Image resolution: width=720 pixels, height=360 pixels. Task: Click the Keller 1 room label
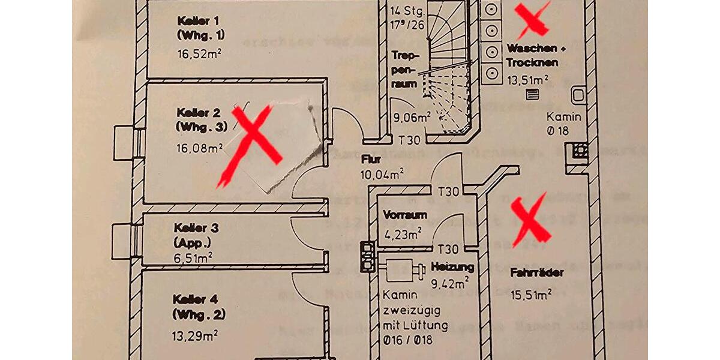click(x=194, y=27)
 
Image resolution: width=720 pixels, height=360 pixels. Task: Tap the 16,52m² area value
click(x=200, y=52)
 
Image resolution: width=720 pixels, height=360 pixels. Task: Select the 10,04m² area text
click(x=382, y=175)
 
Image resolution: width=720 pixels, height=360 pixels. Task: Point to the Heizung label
click(x=452, y=266)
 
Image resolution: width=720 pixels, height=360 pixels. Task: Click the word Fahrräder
click(x=537, y=273)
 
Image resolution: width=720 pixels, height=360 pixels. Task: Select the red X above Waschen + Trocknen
click(x=533, y=19)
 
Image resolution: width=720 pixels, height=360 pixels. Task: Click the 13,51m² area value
click(x=529, y=79)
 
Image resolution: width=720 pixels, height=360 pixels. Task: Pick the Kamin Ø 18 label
click(x=563, y=123)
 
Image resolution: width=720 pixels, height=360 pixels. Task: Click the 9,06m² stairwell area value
click(x=412, y=118)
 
